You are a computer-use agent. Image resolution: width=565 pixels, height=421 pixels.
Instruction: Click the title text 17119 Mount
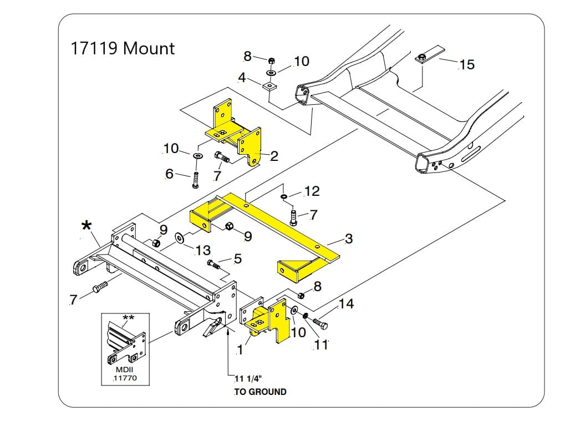[122, 48]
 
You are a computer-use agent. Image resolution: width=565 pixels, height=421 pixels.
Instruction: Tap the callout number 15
[467, 65]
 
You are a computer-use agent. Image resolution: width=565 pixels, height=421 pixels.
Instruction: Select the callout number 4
[242, 78]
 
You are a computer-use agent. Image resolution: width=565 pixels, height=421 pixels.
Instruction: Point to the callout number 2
[274, 156]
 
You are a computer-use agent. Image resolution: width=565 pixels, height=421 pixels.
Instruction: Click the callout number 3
[349, 239]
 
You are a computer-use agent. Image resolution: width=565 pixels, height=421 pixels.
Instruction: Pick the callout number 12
[312, 191]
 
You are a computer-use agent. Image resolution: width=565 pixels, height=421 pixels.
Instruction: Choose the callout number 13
[203, 251]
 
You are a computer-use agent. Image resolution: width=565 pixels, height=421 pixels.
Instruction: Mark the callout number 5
[238, 258]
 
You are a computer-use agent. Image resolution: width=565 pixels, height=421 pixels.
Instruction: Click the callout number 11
[321, 345]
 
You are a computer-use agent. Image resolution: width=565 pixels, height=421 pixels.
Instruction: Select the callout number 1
[240, 350]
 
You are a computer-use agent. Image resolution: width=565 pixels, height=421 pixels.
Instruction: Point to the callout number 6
[169, 174]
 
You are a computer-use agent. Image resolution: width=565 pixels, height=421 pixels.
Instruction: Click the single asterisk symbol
[86, 226]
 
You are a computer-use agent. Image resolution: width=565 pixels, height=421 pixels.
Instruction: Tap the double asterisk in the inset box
[128, 318]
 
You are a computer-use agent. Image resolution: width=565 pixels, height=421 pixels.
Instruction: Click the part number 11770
[124, 379]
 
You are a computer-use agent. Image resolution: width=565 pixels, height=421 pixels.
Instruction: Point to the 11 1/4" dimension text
[247, 378]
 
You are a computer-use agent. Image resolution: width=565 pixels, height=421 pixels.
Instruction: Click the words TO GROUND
[260, 392]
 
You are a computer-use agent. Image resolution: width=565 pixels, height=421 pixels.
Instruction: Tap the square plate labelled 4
[270, 87]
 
